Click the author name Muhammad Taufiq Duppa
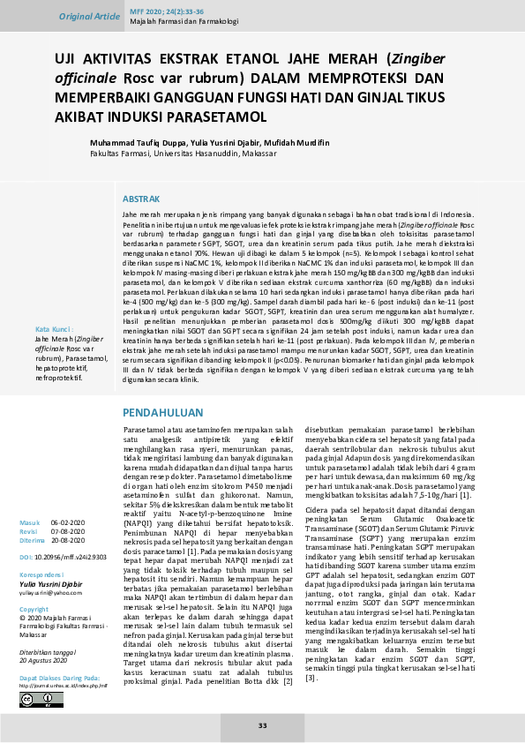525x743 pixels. (136, 142)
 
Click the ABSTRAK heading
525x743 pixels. (141, 199)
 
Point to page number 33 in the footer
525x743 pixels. (262, 725)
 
